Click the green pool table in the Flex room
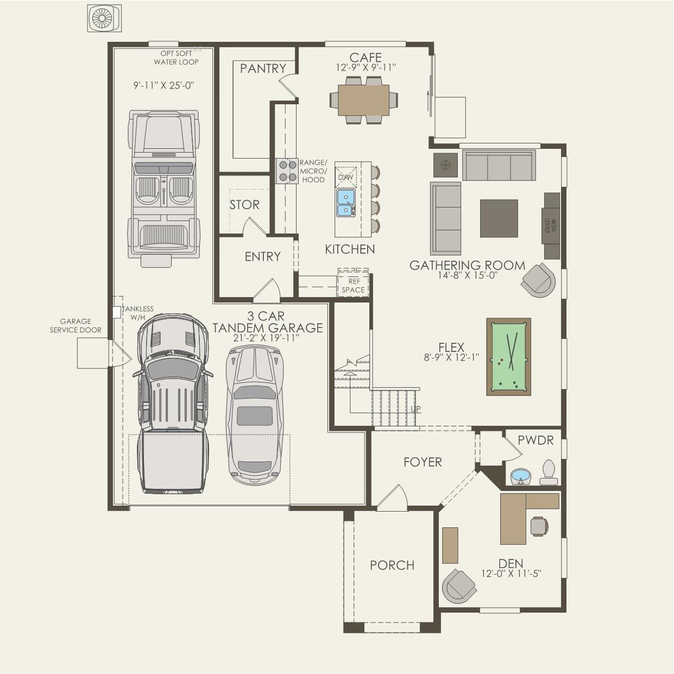click(x=509, y=357)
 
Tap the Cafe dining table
click(x=363, y=100)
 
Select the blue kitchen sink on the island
click(x=345, y=203)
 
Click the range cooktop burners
click(x=286, y=171)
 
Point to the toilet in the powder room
click(x=549, y=473)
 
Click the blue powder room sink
click(x=520, y=476)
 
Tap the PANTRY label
click(x=263, y=68)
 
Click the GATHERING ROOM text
click(x=467, y=265)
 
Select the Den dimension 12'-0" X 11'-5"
click(x=511, y=574)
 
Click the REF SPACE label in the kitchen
click(x=353, y=286)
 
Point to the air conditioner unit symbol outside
click(x=104, y=18)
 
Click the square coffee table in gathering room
click(x=499, y=218)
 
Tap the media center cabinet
click(x=551, y=225)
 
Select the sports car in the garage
click(x=255, y=414)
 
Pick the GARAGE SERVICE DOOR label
click(x=75, y=325)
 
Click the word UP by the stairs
click(x=415, y=409)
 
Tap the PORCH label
click(x=392, y=565)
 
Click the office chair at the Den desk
click(x=539, y=526)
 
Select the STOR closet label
click(x=244, y=205)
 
